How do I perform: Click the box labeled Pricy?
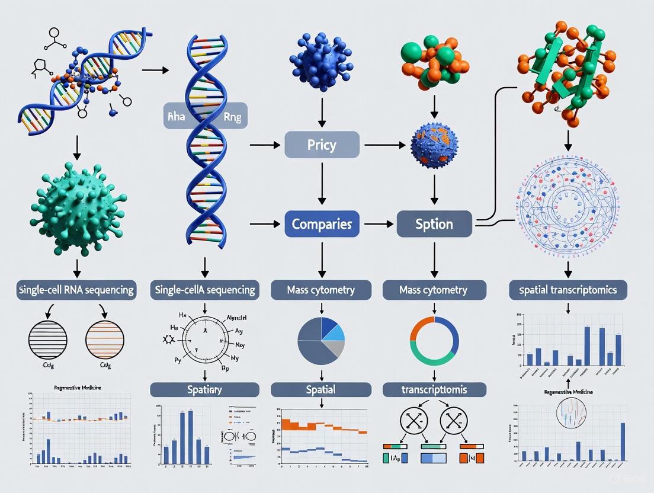(322, 145)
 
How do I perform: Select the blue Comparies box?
(322, 225)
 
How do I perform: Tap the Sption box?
(434, 225)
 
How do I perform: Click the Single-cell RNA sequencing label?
(76, 290)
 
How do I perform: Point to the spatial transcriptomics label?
(568, 290)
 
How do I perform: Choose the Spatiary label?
(204, 389)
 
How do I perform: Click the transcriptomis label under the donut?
(434, 389)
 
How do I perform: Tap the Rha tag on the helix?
(177, 117)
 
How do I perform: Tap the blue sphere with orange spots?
(434, 148)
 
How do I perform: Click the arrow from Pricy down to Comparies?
(322, 184)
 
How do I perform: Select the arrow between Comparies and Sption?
(378, 225)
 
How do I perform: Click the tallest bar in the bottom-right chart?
(623, 441)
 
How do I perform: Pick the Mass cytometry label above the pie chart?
(322, 290)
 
